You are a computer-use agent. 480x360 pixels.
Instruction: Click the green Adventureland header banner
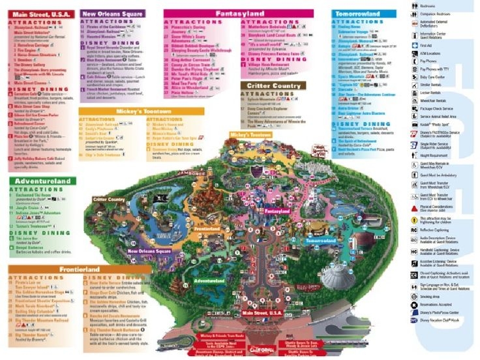click(x=40, y=182)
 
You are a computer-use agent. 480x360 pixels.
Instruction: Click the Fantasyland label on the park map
click(x=277, y=212)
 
